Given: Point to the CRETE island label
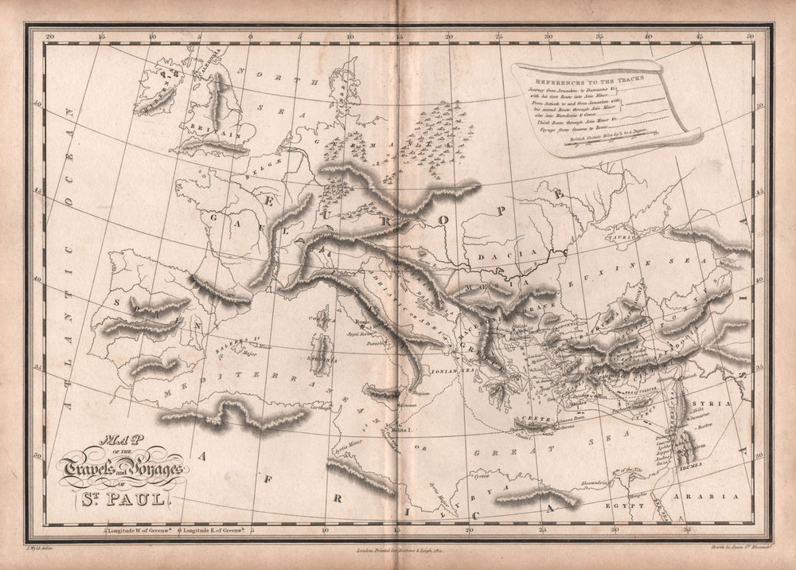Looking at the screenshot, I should point(529,420).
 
